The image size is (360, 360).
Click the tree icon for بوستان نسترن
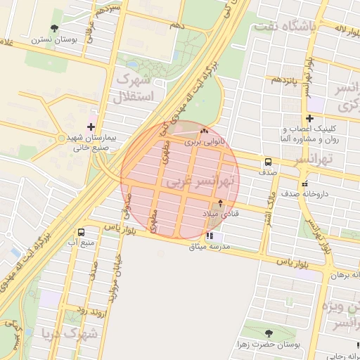(x=54, y=28)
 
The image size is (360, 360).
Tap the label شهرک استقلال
(x=141, y=86)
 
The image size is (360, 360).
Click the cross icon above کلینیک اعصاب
(x=310, y=118)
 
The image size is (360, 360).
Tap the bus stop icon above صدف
(x=268, y=161)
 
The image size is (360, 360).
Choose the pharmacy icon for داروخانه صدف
(x=304, y=184)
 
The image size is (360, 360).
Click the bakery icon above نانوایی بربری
(x=205, y=131)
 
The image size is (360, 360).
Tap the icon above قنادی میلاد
(x=221, y=203)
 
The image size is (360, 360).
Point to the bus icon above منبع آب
(x=82, y=232)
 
